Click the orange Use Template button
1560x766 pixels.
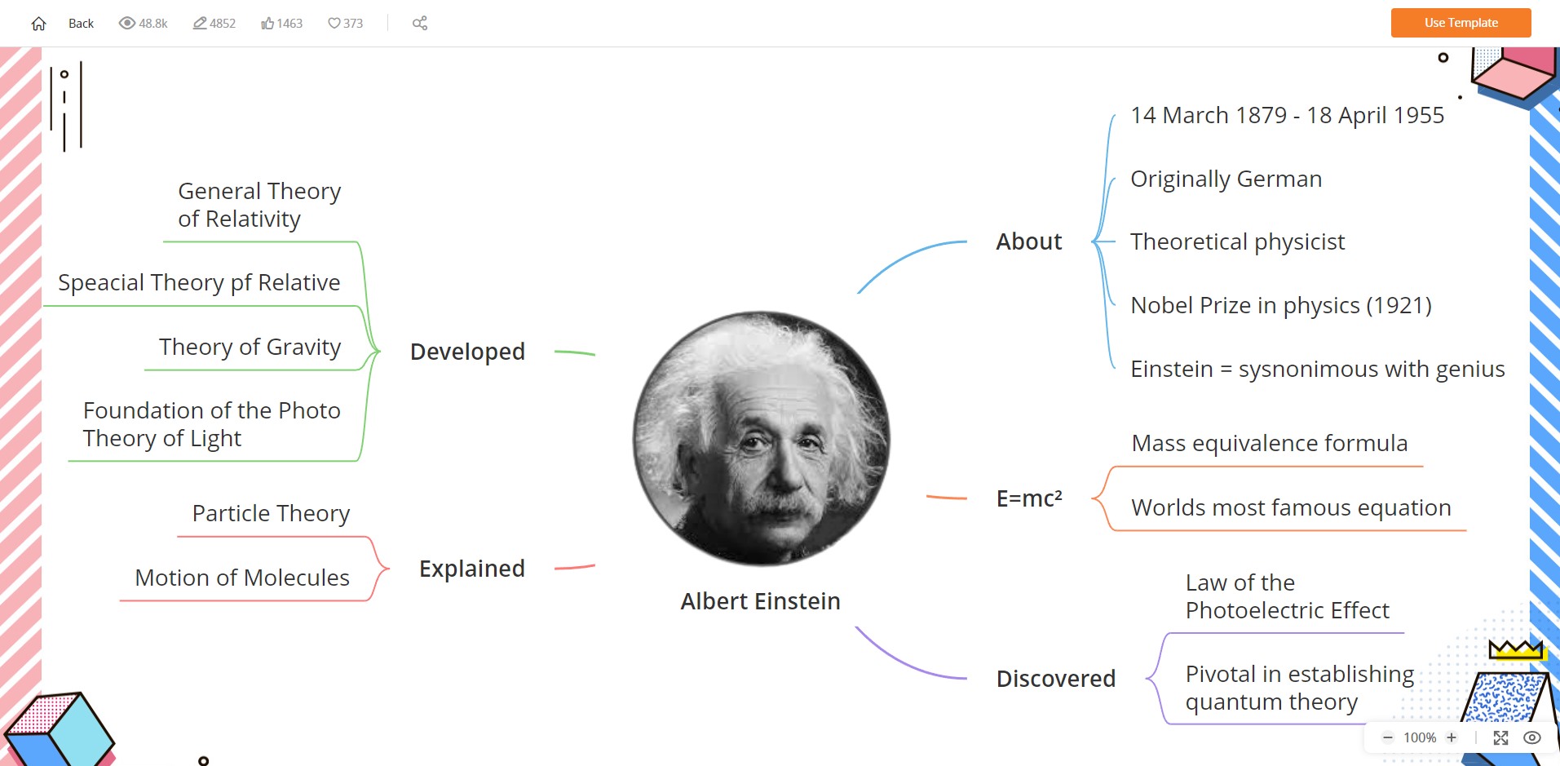(x=1461, y=23)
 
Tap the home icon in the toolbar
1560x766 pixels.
(x=38, y=24)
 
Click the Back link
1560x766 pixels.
(x=81, y=24)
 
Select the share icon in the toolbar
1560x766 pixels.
(x=420, y=24)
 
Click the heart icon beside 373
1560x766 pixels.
(x=334, y=24)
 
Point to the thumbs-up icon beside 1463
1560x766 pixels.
(x=267, y=24)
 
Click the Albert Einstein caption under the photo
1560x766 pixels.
(x=760, y=601)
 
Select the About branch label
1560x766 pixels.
(x=1029, y=241)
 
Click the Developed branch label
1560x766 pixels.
(x=467, y=352)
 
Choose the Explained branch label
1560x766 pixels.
(x=472, y=569)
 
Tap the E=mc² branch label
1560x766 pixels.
(x=1029, y=498)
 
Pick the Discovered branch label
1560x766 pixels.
(x=1056, y=679)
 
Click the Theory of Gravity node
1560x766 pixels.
(x=250, y=348)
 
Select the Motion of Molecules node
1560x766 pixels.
(x=242, y=578)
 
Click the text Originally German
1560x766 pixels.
(x=1226, y=179)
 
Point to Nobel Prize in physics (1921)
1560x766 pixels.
(x=1281, y=306)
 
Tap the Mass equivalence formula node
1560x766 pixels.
(x=1270, y=444)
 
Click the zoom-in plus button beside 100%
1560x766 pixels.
(x=1452, y=737)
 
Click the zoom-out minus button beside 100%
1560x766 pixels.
(x=1388, y=737)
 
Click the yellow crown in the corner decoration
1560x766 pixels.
(x=1516, y=649)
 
